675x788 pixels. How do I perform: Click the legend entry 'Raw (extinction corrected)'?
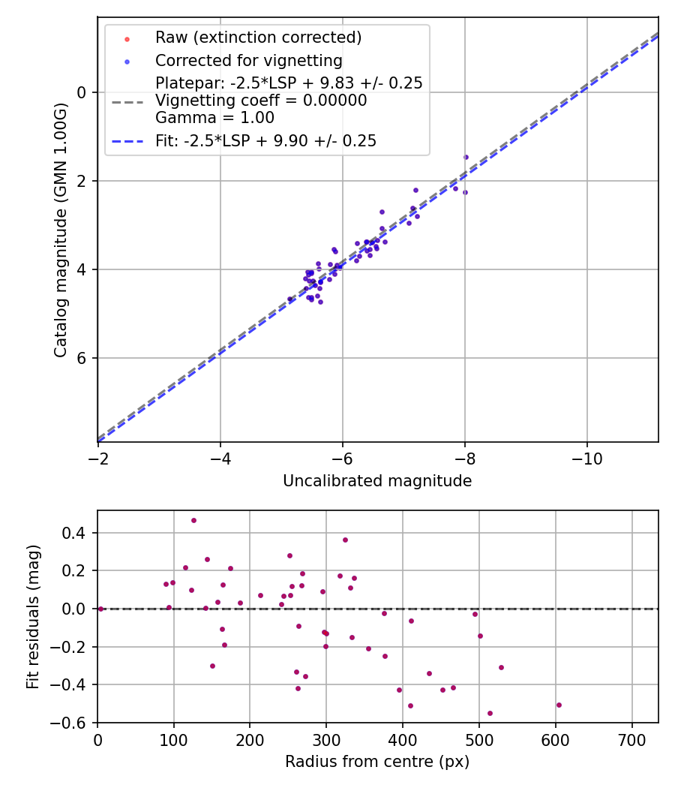click(258, 38)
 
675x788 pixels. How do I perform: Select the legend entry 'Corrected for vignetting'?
click(248, 61)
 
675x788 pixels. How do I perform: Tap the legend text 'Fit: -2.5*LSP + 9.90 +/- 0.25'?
click(265, 141)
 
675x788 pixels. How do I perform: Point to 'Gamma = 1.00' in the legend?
click(214, 118)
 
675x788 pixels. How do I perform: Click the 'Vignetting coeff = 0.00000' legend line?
click(261, 101)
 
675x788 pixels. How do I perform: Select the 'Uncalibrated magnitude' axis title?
click(377, 481)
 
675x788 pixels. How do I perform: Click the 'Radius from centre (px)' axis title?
click(377, 762)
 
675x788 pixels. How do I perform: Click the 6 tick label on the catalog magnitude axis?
click(82, 358)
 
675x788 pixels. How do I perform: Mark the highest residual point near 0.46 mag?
click(193, 520)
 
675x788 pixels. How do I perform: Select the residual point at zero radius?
click(100, 609)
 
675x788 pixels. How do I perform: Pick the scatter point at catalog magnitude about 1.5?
click(466, 157)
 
